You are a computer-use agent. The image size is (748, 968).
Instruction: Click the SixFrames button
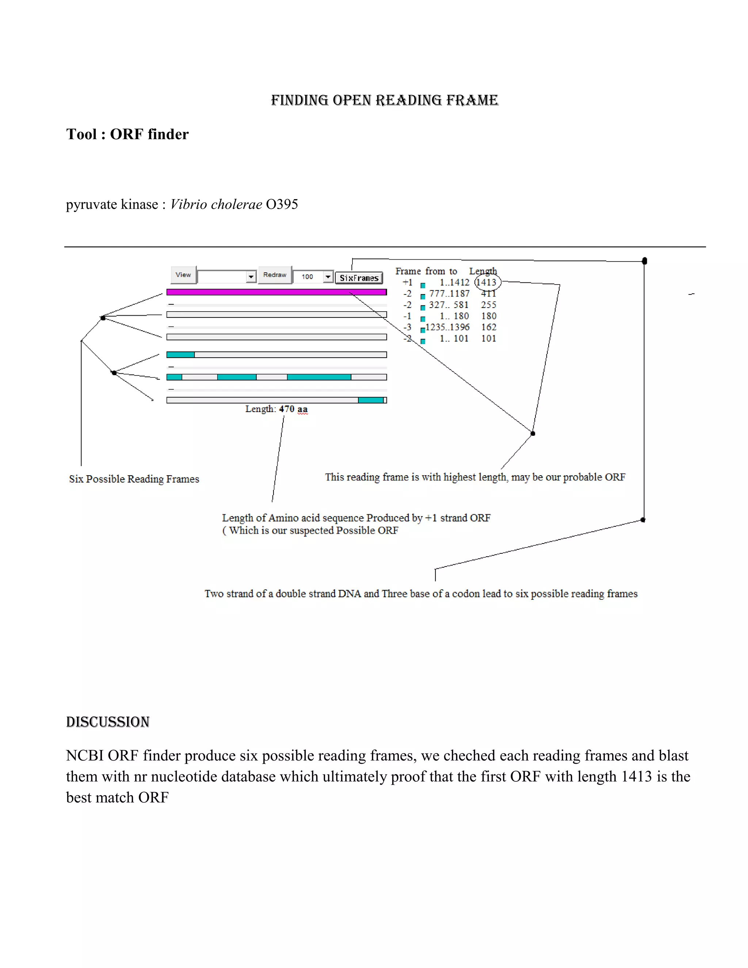[359, 278]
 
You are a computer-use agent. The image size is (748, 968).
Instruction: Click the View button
[183, 275]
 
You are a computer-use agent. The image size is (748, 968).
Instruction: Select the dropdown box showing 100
[313, 277]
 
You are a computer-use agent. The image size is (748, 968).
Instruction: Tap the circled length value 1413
[486, 282]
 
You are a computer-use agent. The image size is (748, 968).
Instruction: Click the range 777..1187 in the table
[449, 293]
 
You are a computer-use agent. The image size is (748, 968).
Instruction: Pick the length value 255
[488, 305]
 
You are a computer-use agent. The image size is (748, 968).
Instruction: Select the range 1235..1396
[447, 327]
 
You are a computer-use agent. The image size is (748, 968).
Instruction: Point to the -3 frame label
[407, 327]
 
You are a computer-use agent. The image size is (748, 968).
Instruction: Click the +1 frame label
[407, 282]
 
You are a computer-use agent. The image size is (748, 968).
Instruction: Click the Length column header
[483, 271]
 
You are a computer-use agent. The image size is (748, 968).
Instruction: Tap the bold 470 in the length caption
[286, 409]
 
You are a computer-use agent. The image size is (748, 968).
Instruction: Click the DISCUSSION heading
[108, 722]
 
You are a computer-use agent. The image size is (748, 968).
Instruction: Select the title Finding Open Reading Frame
[384, 100]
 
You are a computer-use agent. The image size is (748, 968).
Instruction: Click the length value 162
[488, 327]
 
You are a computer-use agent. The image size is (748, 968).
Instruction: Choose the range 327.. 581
[449, 305]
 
